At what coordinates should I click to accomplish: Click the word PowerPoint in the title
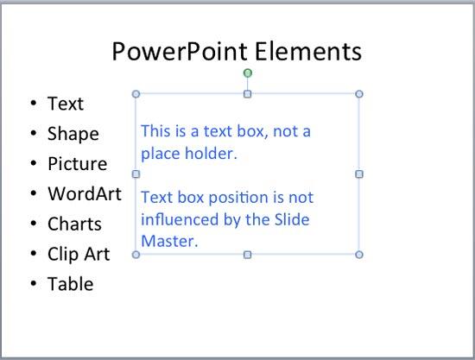(178, 52)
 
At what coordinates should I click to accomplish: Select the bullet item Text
(66, 104)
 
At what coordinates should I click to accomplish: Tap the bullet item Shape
(73, 134)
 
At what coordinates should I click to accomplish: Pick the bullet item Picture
(78, 164)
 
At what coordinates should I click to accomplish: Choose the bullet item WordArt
(85, 193)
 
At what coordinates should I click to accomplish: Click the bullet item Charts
(75, 224)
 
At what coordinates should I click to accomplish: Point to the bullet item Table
(71, 283)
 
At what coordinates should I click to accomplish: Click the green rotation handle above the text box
(248, 73)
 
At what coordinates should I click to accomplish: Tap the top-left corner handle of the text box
(136, 93)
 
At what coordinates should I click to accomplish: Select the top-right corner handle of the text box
(359, 93)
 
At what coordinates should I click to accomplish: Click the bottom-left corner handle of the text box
(136, 254)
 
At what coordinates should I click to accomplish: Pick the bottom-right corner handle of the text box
(359, 254)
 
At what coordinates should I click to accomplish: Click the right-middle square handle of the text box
(359, 174)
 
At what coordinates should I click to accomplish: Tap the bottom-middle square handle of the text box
(248, 254)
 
